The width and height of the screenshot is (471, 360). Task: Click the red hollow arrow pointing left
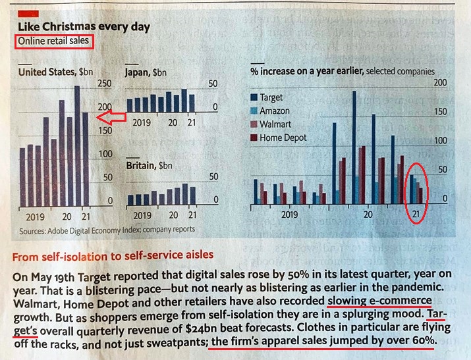(x=110, y=117)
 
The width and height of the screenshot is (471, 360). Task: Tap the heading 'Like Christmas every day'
(x=83, y=27)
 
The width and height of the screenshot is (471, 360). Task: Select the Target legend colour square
(x=254, y=97)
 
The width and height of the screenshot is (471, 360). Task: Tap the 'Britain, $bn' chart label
(x=150, y=166)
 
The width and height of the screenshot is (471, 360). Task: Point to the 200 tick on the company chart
(x=439, y=83)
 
